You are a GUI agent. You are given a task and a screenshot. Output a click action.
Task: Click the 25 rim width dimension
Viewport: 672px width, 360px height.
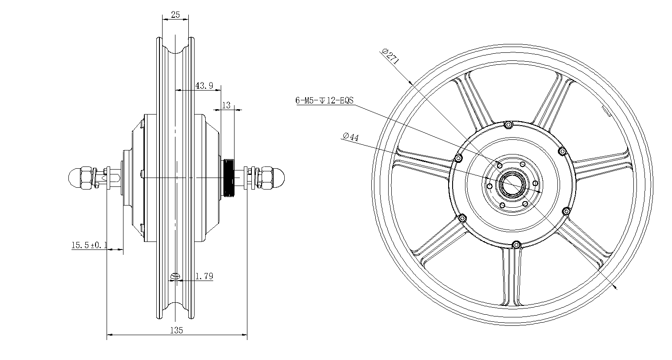pos(175,15)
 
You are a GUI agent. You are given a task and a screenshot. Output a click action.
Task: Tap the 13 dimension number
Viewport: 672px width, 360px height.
pos(226,105)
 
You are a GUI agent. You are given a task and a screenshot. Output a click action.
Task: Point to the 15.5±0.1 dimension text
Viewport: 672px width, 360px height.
pos(88,245)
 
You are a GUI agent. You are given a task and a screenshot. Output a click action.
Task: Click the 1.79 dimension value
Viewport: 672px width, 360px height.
pos(204,276)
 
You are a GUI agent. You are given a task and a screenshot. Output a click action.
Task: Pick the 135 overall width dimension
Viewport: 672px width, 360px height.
pos(177,330)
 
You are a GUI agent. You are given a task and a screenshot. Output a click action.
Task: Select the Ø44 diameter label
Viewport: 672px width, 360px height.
pos(350,137)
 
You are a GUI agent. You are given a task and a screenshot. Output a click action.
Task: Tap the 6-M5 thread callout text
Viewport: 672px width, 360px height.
pos(324,100)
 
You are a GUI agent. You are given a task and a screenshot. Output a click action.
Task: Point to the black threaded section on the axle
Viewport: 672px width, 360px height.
pos(229,178)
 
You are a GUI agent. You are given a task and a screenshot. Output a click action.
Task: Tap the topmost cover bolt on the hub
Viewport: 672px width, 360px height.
pos(509,125)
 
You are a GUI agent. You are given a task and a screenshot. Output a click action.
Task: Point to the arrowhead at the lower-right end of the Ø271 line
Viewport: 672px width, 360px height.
pos(615,288)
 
